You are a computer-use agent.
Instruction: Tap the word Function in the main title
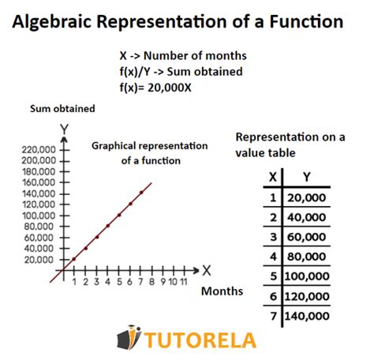click(304, 22)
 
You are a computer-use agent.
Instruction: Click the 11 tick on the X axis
click(182, 282)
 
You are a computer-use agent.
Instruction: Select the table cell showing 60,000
click(306, 236)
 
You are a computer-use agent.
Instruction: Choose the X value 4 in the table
click(273, 257)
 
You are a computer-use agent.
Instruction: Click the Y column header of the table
click(306, 177)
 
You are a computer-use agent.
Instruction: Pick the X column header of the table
click(273, 177)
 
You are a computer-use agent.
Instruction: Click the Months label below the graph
click(222, 292)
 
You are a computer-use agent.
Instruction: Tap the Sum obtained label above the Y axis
click(62, 108)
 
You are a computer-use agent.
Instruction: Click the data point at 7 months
click(141, 192)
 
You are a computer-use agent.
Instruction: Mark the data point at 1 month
click(74, 259)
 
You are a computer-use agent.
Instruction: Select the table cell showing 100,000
click(306, 277)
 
